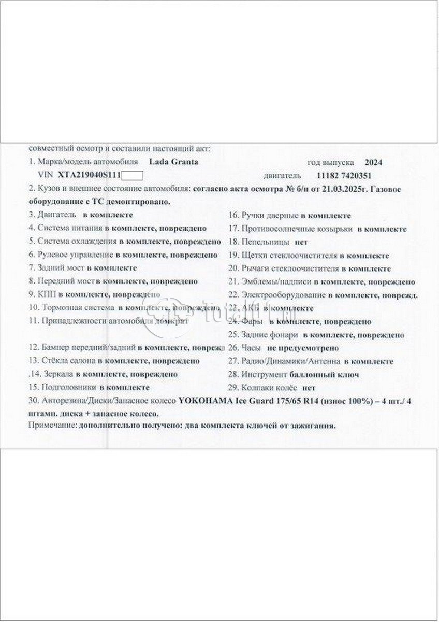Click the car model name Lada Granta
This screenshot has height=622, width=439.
pos(173,162)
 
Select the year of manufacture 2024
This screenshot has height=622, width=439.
pos(373,162)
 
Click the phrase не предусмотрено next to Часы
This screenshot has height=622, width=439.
pos(306,348)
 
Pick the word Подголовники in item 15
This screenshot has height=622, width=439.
pos(67,387)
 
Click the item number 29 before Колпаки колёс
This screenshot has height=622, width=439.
pos(232,387)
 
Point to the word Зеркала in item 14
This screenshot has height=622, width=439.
pos(52,374)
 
